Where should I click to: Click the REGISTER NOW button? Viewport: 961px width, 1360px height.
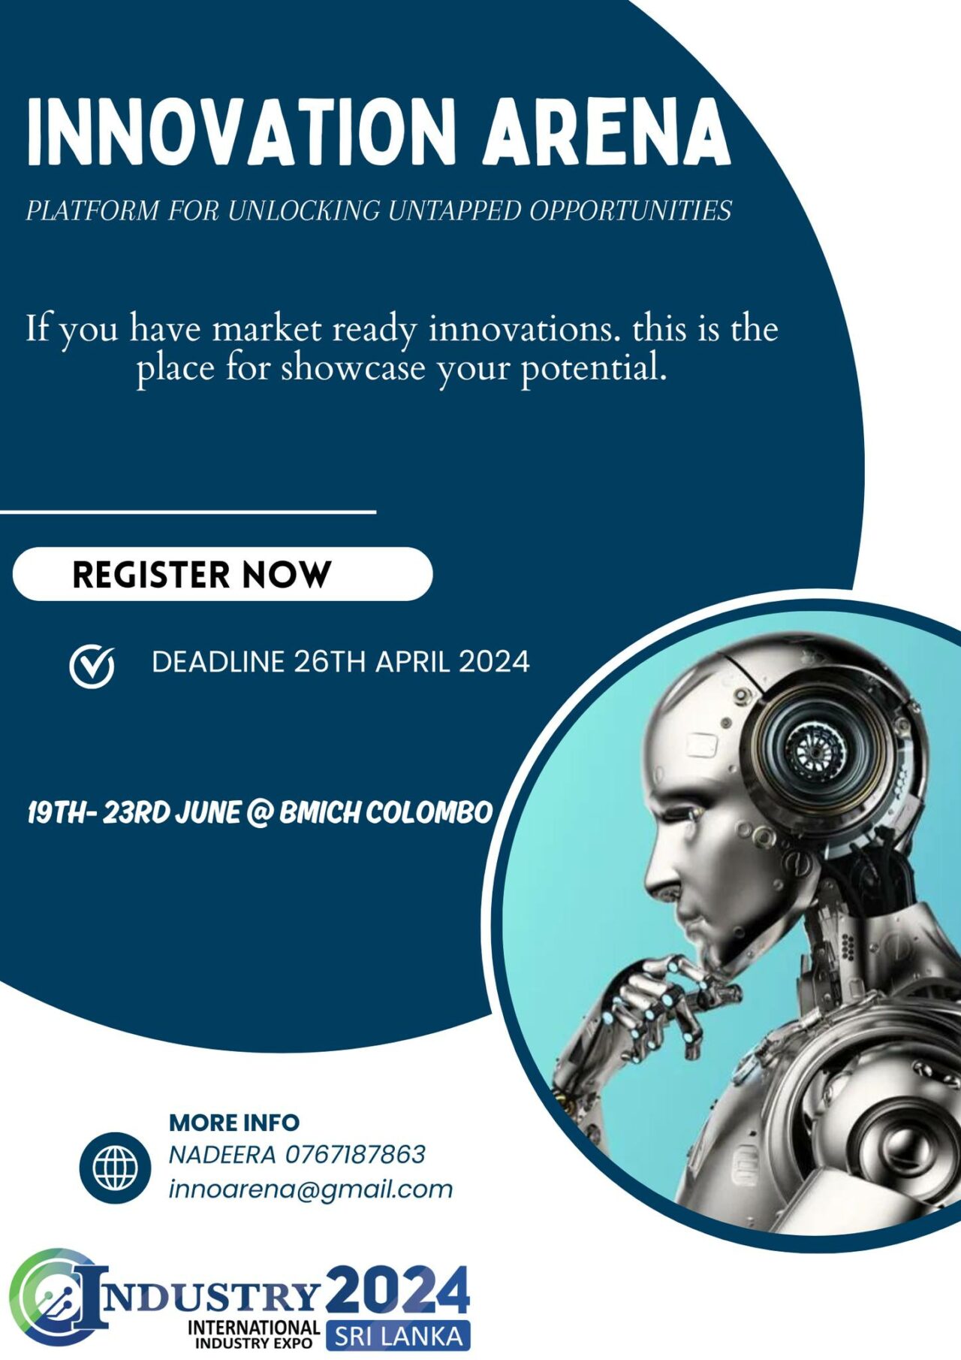222,574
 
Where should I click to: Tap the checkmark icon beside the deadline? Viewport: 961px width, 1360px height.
92,666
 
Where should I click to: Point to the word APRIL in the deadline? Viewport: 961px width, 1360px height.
413,662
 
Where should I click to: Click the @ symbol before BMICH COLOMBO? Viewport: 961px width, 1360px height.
259,813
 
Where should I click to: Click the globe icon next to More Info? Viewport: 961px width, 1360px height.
115,1168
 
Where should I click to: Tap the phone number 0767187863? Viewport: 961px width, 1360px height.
355,1154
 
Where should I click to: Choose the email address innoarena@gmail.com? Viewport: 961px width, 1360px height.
311,1189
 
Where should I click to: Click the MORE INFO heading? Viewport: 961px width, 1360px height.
234,1123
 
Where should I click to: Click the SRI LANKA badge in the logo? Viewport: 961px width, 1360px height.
398,1335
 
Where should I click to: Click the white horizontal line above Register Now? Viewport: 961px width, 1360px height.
188,512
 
